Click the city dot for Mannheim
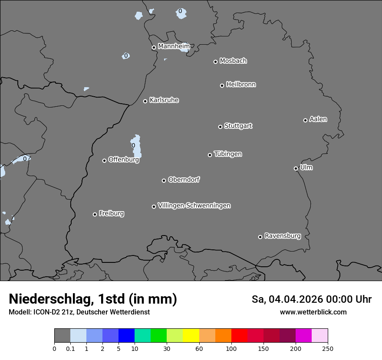(x=154, y=48)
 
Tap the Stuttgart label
(x=238, y=126)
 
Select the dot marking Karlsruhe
(x=145, y=101)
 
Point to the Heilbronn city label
(x=241, y=84)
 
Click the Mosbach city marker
(x=215, y=62)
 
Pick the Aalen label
(x=318, y=119)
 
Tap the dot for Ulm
(x=296, y=168)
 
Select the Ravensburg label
(x=282, y=236)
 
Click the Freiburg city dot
(x=95, y=214)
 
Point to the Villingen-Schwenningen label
(x=194, y=206)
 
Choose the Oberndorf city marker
(x=164, y=180)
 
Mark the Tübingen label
(x=228, y=154)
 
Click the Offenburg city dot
(x=104, y=160)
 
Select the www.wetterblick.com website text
(x=313, y=312)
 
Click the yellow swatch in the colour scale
(x=191, y=336)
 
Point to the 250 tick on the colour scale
(x=328, y=349)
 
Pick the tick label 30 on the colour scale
(x=167, y=349)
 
